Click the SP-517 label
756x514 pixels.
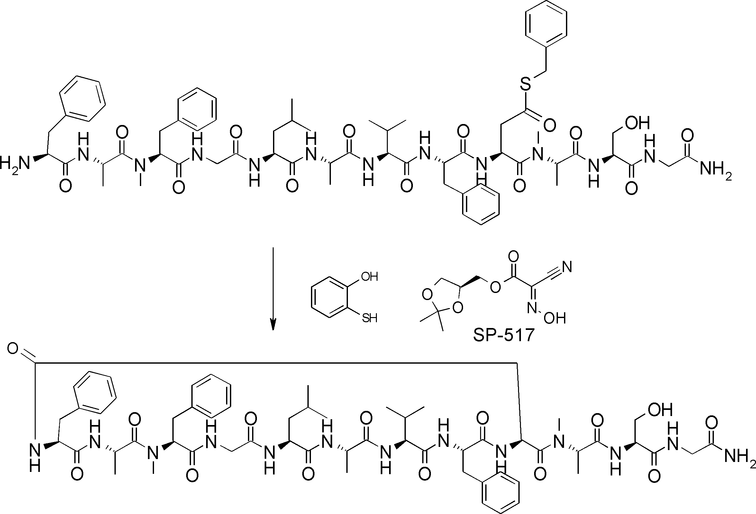(x=504, y=335)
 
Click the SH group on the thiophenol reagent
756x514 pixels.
(x=369, y=318)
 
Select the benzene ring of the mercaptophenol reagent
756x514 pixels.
(x=330, y=297)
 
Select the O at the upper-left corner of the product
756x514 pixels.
(x=13, y=349)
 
